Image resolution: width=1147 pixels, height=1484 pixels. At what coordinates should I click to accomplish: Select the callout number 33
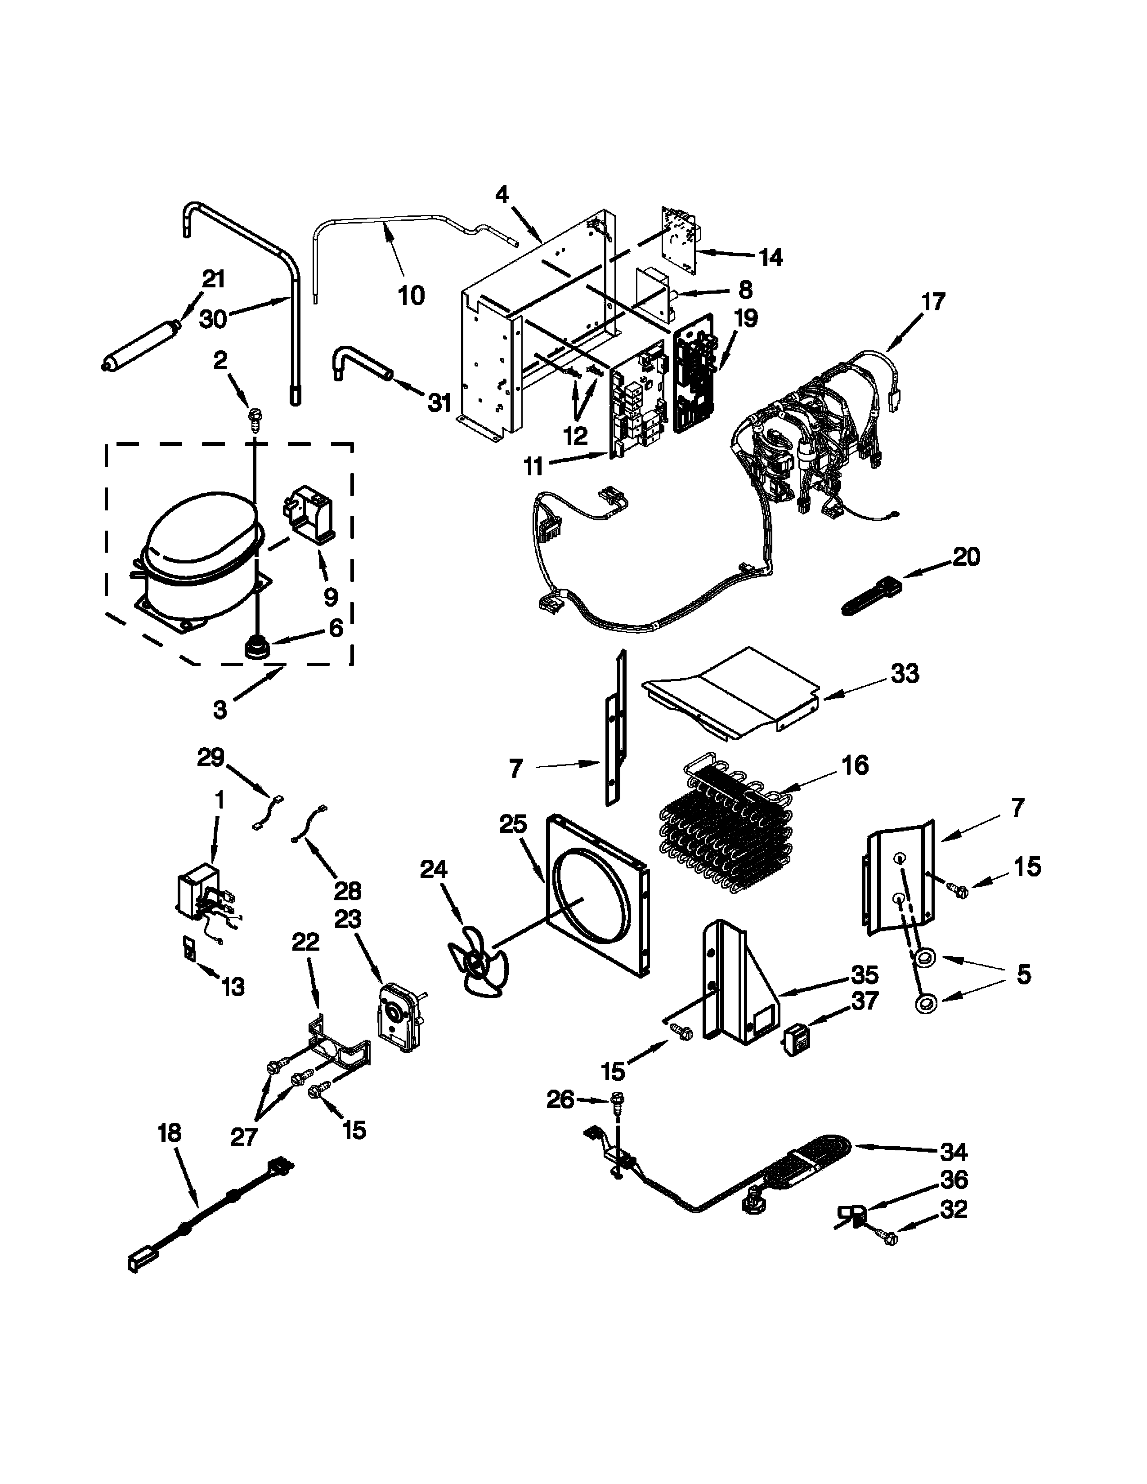(905, 674)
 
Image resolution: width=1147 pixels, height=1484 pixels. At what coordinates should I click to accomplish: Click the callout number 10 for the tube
(411, 295)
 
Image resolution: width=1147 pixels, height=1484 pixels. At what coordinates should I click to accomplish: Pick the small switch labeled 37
(796, 1041)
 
